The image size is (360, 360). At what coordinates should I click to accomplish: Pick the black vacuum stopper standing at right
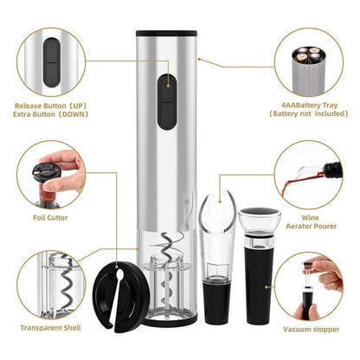[x=256, y=277]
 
